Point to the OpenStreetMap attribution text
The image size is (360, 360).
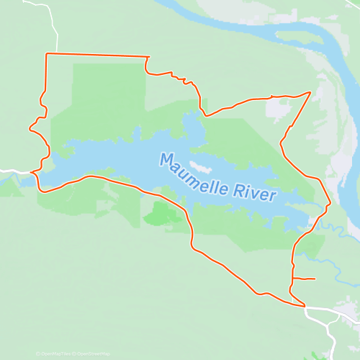pos(94,354)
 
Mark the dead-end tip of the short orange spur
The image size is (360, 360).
pos(315,279)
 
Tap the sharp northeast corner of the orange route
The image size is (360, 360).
pos(310,92)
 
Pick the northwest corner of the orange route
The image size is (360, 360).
pos(47,54)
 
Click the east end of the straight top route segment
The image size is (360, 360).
pos(148,57)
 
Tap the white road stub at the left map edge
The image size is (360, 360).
pos(7,171)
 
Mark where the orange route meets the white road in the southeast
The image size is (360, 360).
pos(305,306)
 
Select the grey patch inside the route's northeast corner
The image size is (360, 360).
pos(276,108)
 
